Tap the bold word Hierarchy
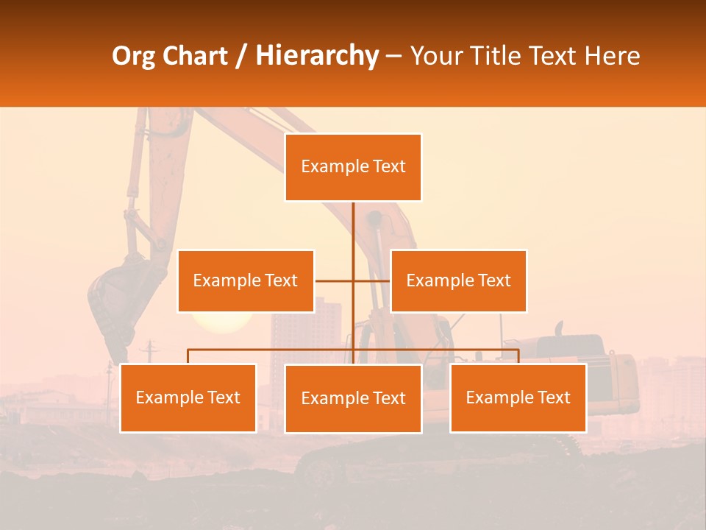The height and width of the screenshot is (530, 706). [316, 56]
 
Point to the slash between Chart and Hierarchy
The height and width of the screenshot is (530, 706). [241, 56]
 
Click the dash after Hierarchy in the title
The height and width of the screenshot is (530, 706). [393, 57]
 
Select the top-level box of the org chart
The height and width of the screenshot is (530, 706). [353, 167]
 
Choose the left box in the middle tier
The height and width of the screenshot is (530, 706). [246, 280]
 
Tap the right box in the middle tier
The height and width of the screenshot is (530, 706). [458, 280]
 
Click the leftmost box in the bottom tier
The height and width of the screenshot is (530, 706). [188, 397]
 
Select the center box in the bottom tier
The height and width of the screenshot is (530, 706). [353, 398]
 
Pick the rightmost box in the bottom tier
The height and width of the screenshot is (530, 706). [518, 397]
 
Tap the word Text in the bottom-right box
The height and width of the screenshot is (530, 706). [554, 397]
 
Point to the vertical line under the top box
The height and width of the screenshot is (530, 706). [354, 228]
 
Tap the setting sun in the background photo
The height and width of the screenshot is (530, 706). [221, 322]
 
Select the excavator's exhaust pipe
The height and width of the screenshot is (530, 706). [558, 328]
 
